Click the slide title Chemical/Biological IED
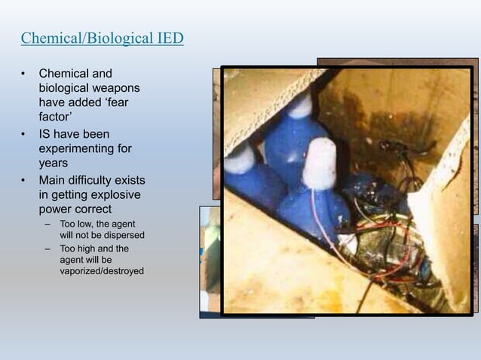point(102,38)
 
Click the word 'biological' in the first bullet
point(66,89)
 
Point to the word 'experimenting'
point(79,148)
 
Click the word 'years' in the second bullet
point(54,163)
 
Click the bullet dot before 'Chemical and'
point(23,75)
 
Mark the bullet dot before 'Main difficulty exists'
point(23,181)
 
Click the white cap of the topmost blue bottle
point(300,105)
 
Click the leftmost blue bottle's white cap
point(240,158)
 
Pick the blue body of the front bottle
point(309,215)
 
